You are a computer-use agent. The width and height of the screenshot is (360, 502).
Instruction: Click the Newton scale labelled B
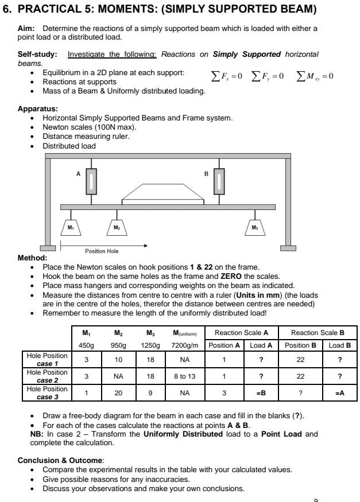coord(219,182)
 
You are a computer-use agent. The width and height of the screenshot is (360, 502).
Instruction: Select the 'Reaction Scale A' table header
coord(242,333)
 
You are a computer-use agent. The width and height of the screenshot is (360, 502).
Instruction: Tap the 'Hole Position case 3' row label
coord(48,393)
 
